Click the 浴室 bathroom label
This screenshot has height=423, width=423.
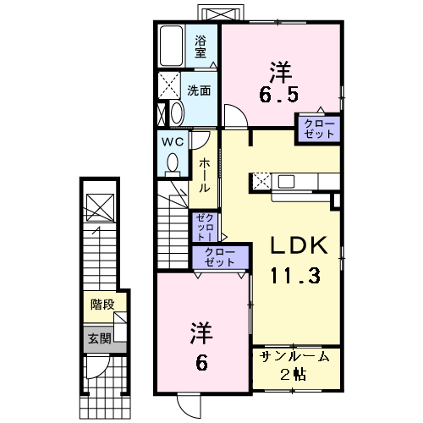point(201,46)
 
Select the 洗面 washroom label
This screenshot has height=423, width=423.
point(200,91)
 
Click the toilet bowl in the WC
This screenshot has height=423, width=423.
point(173,162)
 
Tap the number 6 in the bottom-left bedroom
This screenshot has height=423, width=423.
point(202,362)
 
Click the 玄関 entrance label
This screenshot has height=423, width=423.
point(99,339)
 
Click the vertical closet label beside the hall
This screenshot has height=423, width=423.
point(205,227)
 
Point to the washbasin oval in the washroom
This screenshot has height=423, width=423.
point(177,113)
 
